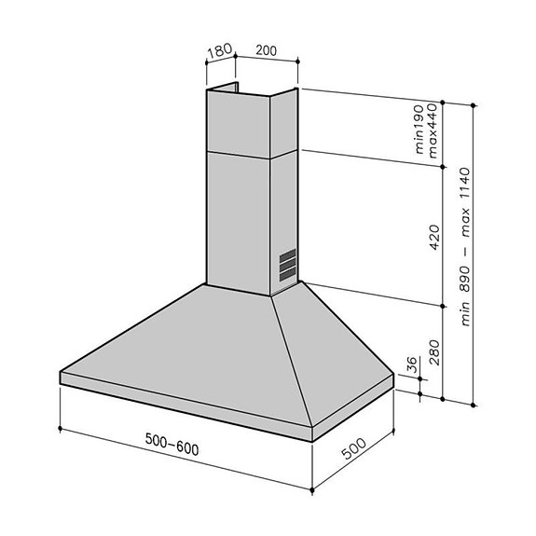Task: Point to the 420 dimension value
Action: coord(433,240)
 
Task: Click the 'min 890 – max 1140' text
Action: coord(464,252)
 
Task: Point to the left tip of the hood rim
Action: coord(62,376)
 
